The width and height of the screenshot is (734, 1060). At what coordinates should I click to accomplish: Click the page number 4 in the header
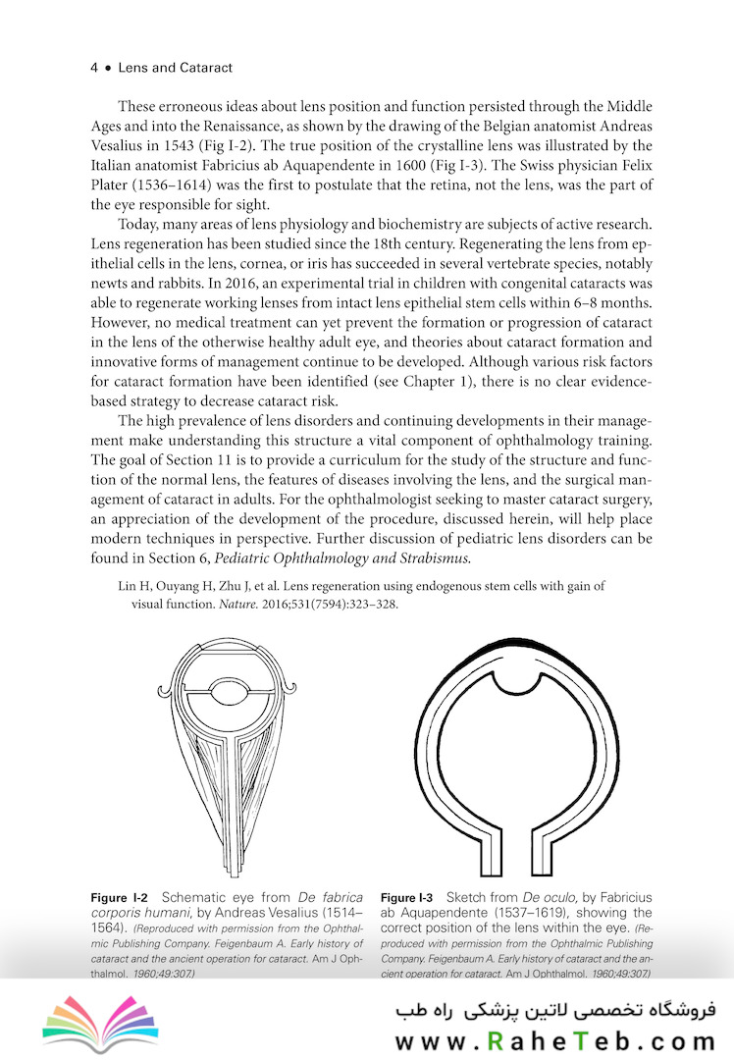pyautogui.click(x=93, y=69)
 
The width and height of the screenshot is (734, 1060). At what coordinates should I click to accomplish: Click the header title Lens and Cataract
pyautogui.click(x=175, y=69)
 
